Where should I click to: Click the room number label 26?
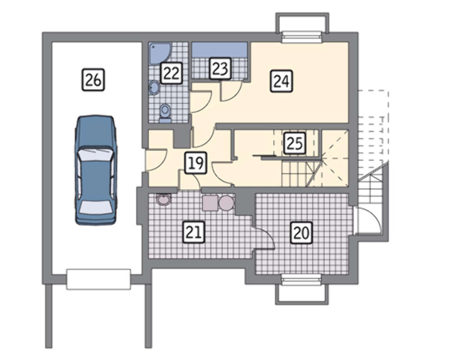(93, 80)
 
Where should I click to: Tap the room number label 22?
(171, 73)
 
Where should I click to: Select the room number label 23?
(221, 69)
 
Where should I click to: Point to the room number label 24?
(281, 81)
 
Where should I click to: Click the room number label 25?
(295, 143)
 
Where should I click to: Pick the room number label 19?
(196, 163)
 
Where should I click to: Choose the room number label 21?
(194, 232)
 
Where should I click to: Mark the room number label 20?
(301, 232)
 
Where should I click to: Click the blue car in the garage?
(96, 170)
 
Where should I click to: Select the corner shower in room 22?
(160, 53)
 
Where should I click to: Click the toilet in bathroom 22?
(165, 113)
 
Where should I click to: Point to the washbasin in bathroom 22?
(154, 87)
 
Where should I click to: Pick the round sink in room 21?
(164, 199)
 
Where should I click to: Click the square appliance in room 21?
(210, 203)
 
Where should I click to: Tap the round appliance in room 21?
(226, 203)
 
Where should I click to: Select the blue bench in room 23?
(220, 50)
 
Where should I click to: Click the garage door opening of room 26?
(98, 279)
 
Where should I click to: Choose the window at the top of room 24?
(301, 37)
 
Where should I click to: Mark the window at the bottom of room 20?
(301, 279)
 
